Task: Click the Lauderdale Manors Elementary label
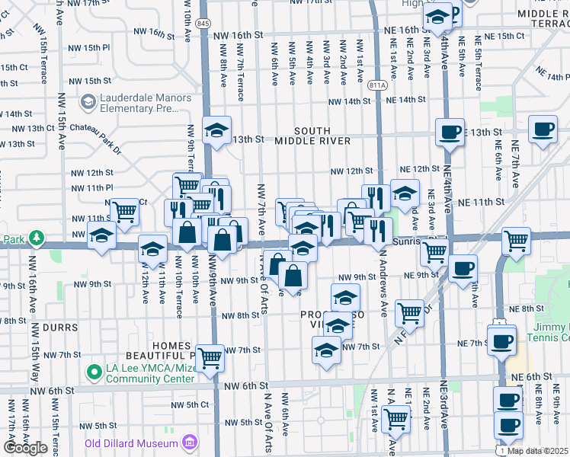click(x=144, y=102)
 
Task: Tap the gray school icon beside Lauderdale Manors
click(x=88, y=102)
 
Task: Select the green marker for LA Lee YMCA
click(x=94, y=372)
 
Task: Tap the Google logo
click(x=25, y=448)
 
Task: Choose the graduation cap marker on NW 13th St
click(x=216, y=130)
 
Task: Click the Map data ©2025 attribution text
click(x=538, y=451)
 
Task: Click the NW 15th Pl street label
click(x=93, y=47)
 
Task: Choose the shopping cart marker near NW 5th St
click(x=396, y=418)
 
